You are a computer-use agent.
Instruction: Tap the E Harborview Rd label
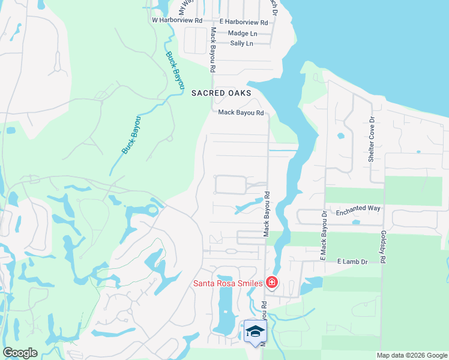pos(243,22)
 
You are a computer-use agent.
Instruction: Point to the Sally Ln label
pos(241,43)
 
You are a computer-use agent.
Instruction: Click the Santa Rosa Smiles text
pos(227,283)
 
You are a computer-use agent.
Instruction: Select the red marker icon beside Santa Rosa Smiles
pos(271,282)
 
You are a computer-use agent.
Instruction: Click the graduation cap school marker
pos(255,331)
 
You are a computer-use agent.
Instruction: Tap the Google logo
pos(20,353)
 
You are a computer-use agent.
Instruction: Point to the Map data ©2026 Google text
pos(412,355)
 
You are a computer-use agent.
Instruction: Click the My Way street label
pos(184,8)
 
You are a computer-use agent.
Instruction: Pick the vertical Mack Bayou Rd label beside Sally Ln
pos(212,50)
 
